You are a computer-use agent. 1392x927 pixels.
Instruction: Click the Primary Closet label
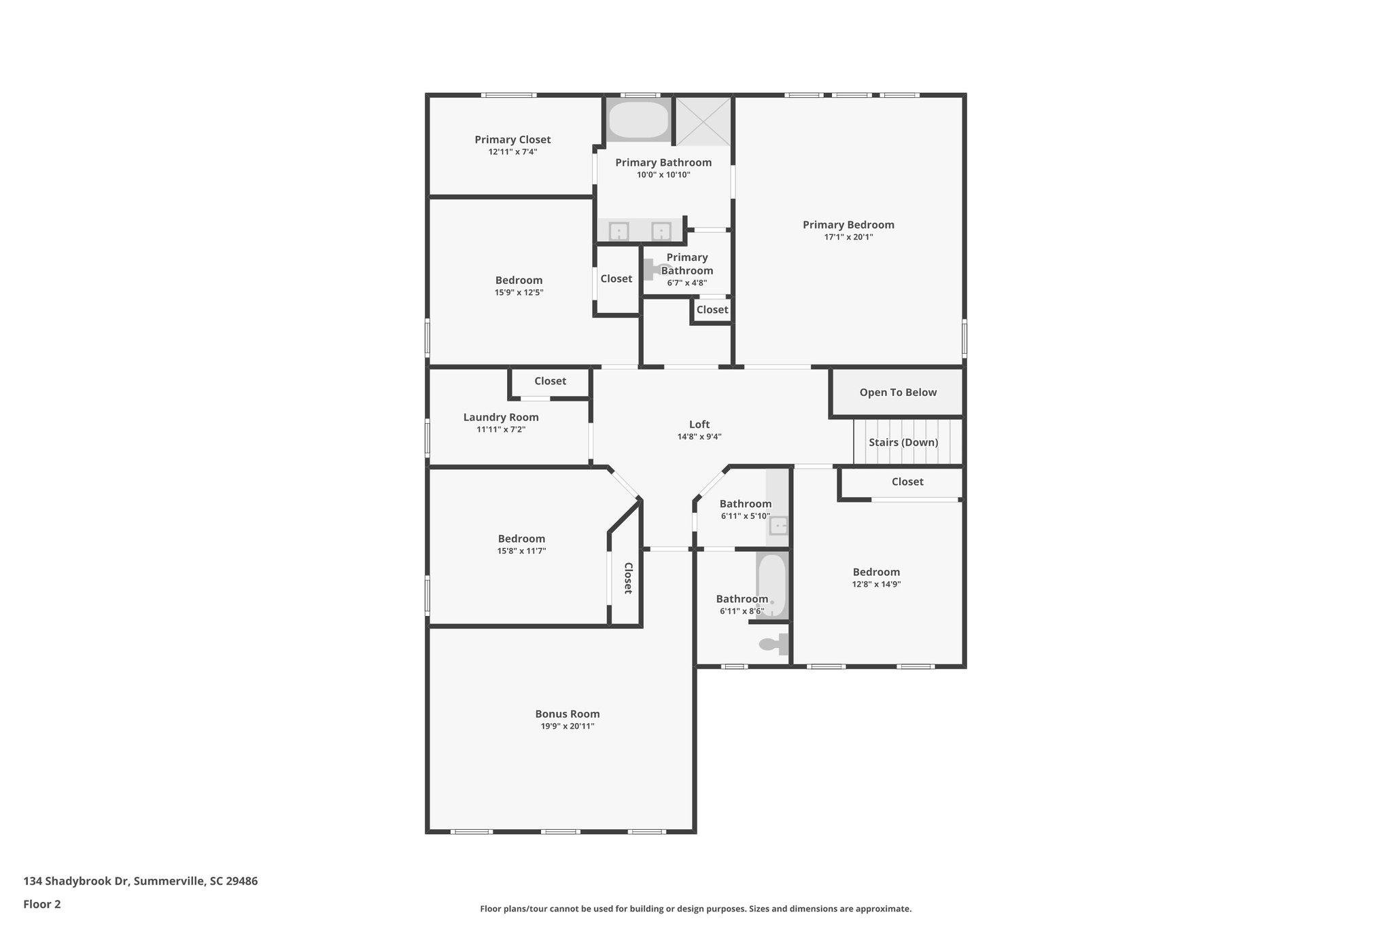[x=512, y=140]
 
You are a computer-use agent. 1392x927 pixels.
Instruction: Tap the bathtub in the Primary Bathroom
[x=638, y=120]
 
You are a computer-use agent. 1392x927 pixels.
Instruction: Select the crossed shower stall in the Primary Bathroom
[x=703, y=121]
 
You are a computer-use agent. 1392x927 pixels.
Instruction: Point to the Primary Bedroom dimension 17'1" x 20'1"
[x=848, y=237]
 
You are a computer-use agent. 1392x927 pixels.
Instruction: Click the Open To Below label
[x=898, y=393]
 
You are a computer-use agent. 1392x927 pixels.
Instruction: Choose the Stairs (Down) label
[x=903, y=443]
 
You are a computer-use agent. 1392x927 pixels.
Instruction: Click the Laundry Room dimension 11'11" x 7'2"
[x=501, y=430]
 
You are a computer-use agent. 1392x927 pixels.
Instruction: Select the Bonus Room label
[x=568, y=714]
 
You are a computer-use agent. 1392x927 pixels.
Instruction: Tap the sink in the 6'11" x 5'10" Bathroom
[x=778, y=525]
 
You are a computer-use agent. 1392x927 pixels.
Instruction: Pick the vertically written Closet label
[x=628, y=578]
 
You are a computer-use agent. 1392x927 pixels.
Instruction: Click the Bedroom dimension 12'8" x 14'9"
[x=876, y=584]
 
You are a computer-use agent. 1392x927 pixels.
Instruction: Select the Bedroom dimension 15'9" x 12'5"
[x=519, y=293]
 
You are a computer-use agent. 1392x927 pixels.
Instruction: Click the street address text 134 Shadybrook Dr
[x=76, y=881]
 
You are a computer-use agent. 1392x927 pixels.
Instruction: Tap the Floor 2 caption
[x=42, y=904]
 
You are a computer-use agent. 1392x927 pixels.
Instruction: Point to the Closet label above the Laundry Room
[x=550, y=382]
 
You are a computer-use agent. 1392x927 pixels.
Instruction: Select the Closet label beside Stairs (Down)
[x=907, y=482]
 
